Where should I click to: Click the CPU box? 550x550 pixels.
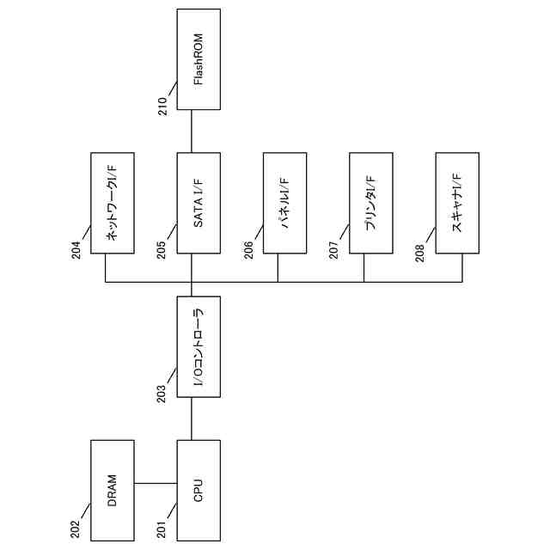(x=199, y=490)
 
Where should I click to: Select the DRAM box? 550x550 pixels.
(x=113, y=490)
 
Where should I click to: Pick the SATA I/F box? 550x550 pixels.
(x=199, y=203)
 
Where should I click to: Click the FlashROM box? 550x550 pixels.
(x=199, y=59)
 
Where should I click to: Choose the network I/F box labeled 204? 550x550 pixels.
(x=113, y=203)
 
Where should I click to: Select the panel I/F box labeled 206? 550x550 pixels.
(x=284, y=203)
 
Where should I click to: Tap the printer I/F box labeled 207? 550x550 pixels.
(x=371, y=203)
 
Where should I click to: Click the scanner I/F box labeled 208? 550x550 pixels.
(x=457, y=203)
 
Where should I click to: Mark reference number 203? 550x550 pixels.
(x=162, y=394)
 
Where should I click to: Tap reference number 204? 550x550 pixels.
(x=76, y=249)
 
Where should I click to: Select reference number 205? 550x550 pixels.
(x=162, y=249)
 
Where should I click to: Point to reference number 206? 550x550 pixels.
(x=247, y=249)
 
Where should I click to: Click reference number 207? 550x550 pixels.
(x=334, y=249)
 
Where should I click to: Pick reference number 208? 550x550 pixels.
(x=420, y=249)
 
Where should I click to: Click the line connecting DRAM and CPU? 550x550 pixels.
(x=156, y=483)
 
